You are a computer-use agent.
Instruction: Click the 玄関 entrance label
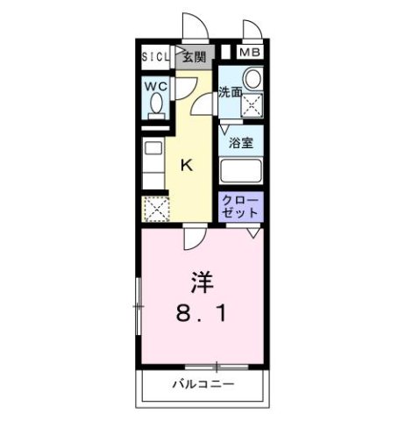[195, 58]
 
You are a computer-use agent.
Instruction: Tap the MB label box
[251, 53]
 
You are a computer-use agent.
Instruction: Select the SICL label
[158, 58]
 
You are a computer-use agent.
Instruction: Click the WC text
[157, 86]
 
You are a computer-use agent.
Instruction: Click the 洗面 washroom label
[230, 91]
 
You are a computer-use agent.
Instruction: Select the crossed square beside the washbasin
[253, 107]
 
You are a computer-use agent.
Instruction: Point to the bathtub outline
[242, 170]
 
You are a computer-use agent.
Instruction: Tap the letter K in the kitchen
[188, 163]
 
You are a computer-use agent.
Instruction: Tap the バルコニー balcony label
[203, 384]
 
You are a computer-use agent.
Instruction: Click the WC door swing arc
[185, 88]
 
